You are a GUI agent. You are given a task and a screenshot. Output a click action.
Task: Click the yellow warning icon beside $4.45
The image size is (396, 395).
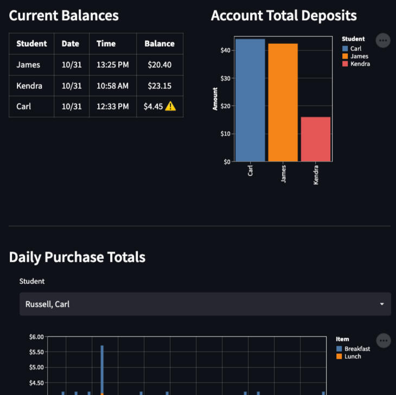(170, 106)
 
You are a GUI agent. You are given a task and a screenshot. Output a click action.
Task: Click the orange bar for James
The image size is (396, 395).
(283, 102)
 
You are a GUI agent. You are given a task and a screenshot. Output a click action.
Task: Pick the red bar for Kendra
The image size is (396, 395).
(316, 139)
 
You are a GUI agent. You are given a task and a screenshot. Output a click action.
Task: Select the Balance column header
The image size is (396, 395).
(159, 43)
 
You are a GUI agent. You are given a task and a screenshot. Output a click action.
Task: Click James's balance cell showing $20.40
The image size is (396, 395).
(159, 64)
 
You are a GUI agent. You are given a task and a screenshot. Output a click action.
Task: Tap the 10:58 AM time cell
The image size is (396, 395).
(112, 86)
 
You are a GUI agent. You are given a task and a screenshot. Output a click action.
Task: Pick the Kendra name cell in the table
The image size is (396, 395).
(29, 86)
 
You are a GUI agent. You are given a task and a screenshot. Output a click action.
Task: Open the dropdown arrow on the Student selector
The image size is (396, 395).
(382, 304)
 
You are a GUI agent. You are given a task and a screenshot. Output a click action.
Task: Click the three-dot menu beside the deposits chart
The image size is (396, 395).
(383, 40)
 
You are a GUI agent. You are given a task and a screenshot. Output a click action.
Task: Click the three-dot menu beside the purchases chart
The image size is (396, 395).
(384, 340)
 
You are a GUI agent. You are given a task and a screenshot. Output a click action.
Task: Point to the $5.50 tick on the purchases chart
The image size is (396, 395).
(36, 352)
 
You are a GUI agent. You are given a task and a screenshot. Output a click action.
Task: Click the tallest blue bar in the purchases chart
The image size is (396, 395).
(102, 368)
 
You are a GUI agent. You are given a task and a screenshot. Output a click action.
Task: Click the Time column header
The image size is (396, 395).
(106, 43)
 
